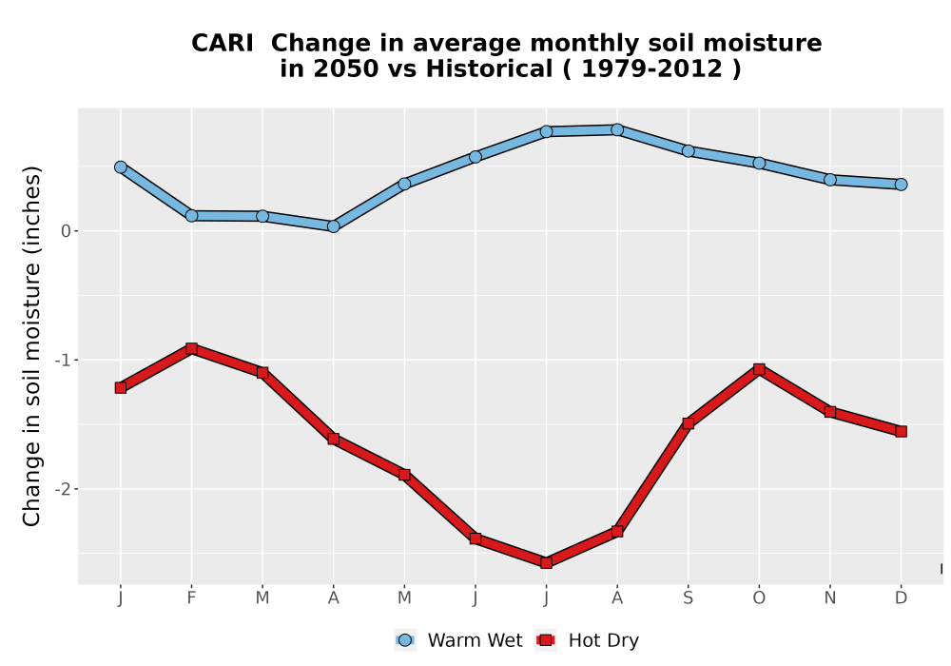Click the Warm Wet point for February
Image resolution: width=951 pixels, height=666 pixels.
pyautogui.click(x=192, y=215)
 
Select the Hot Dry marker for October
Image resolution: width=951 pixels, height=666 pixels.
pyautogui.click(x=759, y=369)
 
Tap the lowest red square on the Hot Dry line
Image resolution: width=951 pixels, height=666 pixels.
pyautogui.click(x=546, y=563)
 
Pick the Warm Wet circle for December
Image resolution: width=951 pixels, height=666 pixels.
pyautogui.click(x=901, y=185)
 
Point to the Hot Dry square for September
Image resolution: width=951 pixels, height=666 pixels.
pyautogui.click(x=688, y=423)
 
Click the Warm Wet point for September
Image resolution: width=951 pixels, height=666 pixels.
pyautogui.click(x=688, y=151)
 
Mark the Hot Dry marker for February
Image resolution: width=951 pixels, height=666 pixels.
pyautogui.click(x=192, y=349)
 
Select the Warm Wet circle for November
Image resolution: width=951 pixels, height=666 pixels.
pyautogui.click(x=829, y=180)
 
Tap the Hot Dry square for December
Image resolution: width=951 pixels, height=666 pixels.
pyautogui.click(x=901, y=431)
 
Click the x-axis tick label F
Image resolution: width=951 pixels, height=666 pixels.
pyautogui.click(x=192, y=598)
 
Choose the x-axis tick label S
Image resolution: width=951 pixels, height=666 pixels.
pyautogui.click(x=688, y=598)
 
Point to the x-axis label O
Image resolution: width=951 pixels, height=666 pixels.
pyautogui.click(x=759, y=598)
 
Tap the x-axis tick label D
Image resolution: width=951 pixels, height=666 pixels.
pyautogui.click(x=901, y=598)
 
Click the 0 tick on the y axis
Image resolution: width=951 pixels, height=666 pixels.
pyautogui.click(x=67, y=231)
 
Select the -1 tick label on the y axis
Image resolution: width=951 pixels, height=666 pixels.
pyautogui.click(x=63, y=361)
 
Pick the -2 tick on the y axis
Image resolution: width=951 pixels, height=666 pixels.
pyautogui.click(x=63, y=489)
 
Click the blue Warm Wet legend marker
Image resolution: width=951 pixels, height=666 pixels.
pyautogui.click(x=405, y=640)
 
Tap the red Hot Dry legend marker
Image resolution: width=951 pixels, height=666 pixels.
pyautogui.click(x=546, y=640)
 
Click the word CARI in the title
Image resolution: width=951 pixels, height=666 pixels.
pyautogui.click(x=222, y=44)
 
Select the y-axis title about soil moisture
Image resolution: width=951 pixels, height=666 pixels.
pyautogui.click(x=31, y=345)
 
